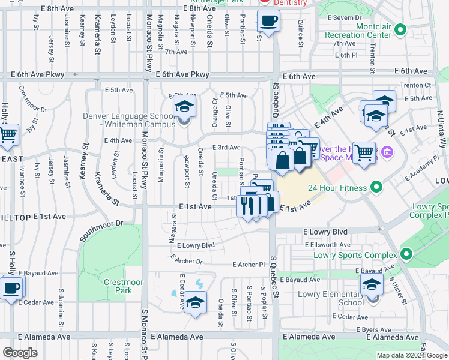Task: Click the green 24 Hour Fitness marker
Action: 376,188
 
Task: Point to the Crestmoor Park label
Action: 117,286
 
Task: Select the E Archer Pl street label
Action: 249,264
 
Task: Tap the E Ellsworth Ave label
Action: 327,245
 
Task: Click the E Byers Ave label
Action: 374,330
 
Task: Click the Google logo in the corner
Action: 20,353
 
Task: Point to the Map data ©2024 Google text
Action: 412,355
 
